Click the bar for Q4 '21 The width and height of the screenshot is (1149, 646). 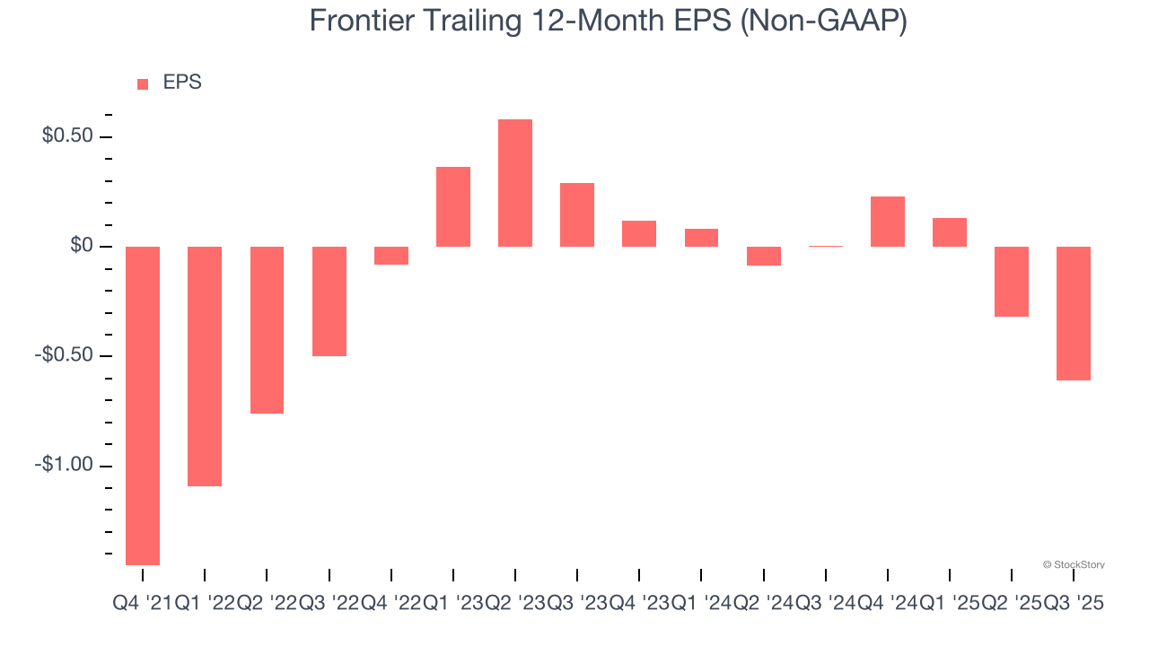pos(143,406)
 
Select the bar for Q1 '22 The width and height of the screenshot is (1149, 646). pos(205,366)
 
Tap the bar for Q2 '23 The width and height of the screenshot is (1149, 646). pos(515,183)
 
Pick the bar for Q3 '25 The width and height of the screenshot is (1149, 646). pos(1074,313)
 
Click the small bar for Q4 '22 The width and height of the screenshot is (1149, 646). pos(391,256)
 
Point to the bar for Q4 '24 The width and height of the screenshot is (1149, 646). pos(888,222)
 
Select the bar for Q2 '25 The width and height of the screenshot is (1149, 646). pos(1012,282)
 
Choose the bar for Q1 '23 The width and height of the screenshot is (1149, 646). pos(453,207)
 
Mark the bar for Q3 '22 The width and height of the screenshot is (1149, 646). pos(329,301)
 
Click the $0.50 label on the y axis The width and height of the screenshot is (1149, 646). pos(66,136)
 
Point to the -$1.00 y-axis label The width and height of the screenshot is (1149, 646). pos(63,465)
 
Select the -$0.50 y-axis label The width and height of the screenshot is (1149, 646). pos(63,355)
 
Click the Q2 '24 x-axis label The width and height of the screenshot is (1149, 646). pos(764,604)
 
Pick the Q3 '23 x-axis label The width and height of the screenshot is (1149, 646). pos(577,604)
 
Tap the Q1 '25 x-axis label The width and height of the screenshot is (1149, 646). pos(950,604)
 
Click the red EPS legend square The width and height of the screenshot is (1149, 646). pos(143,84)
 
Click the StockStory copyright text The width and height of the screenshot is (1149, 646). pos(1074,564)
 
